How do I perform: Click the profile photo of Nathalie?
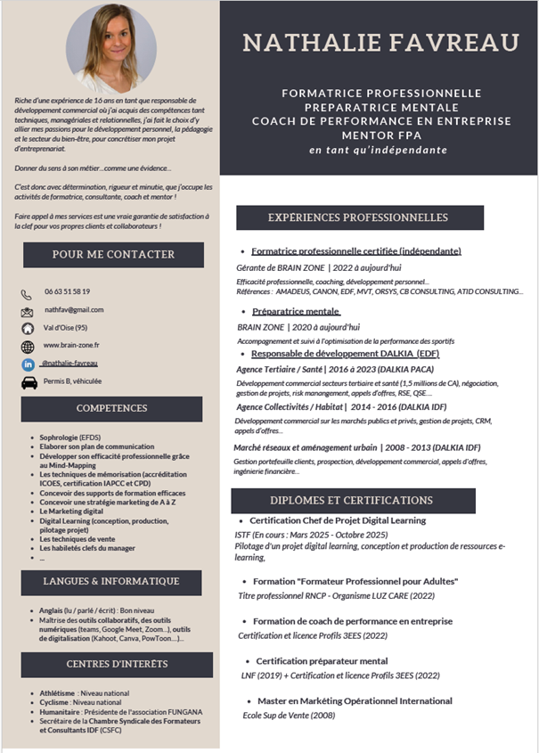point(110,47)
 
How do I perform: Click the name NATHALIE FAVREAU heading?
point(381,42)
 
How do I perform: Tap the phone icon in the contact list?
point(27,293)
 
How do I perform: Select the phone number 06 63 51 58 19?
point(68,291)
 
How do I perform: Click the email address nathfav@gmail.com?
point(75,309)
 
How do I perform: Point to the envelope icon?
point(27,311)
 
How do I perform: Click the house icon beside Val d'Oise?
point(27,328)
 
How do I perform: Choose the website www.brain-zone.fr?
point(72,345)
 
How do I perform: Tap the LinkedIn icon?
point(27,364)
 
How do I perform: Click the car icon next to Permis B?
point(29,382)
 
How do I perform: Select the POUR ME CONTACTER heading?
point(113,255)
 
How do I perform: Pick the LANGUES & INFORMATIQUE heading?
point(118,582)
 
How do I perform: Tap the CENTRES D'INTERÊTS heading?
point(118,664)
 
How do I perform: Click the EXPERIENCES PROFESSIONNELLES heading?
point(359,217)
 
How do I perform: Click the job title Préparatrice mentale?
point(296,311)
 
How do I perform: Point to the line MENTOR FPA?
point(381,135)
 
